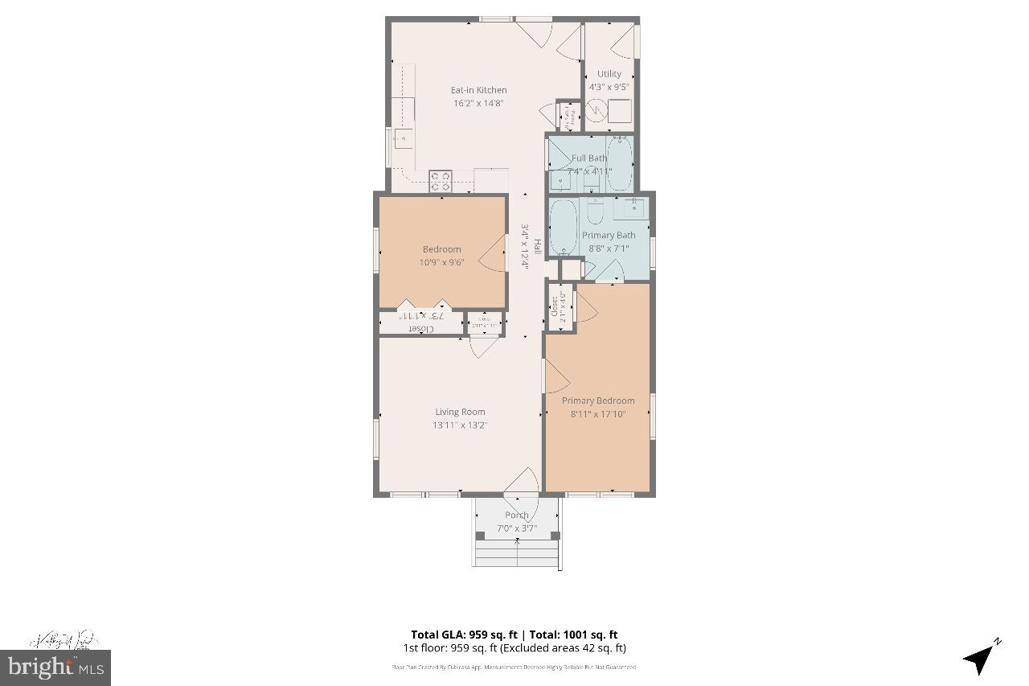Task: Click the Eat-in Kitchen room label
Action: (x=478, y=90)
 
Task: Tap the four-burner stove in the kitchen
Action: (x=440, y=181)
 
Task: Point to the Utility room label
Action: (x=609, y=74)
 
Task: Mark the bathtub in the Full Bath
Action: (x=619, y=163)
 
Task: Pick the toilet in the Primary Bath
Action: (x=596, y=212)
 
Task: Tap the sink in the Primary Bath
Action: (x=632, y=207)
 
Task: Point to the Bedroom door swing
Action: (x=493, y=259)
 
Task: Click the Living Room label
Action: (x=461, y=412)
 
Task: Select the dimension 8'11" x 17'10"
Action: (x=597, y=414)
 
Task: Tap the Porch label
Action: (x=517, y=515)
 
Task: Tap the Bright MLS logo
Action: (x=55, y=666)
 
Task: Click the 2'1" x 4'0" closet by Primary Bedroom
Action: (x=559, y=306)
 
